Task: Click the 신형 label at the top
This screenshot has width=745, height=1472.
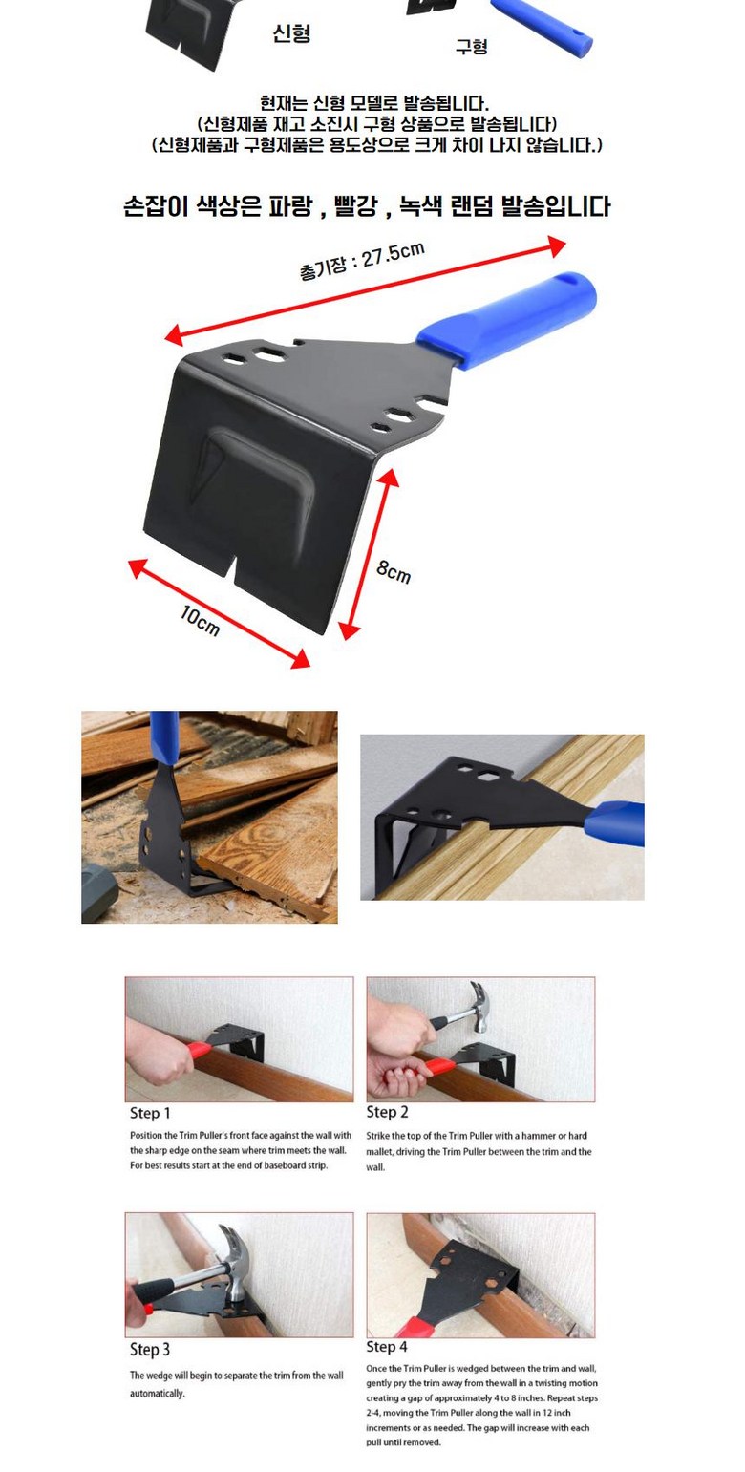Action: click(x=291, y=32)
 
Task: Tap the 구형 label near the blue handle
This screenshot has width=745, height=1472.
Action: click(x=471, y=46)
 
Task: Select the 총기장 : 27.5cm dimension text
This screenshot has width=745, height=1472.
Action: click(x=362, y=261)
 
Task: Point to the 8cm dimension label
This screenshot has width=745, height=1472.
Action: click(x=394, y=571)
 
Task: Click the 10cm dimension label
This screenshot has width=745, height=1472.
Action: click(x=200, y=621)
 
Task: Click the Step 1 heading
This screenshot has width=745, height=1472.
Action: click(x=150, y=1113)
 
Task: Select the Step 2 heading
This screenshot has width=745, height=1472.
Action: click(x=387, y=1112)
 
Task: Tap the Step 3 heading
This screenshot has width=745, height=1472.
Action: click(x=150, y=1349)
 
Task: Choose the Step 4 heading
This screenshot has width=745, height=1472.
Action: click(x=386, y=1347)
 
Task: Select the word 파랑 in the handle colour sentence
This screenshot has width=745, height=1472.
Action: click(x=289, y=206)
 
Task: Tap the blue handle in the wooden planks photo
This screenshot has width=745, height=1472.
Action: click(x=164, y=737)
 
